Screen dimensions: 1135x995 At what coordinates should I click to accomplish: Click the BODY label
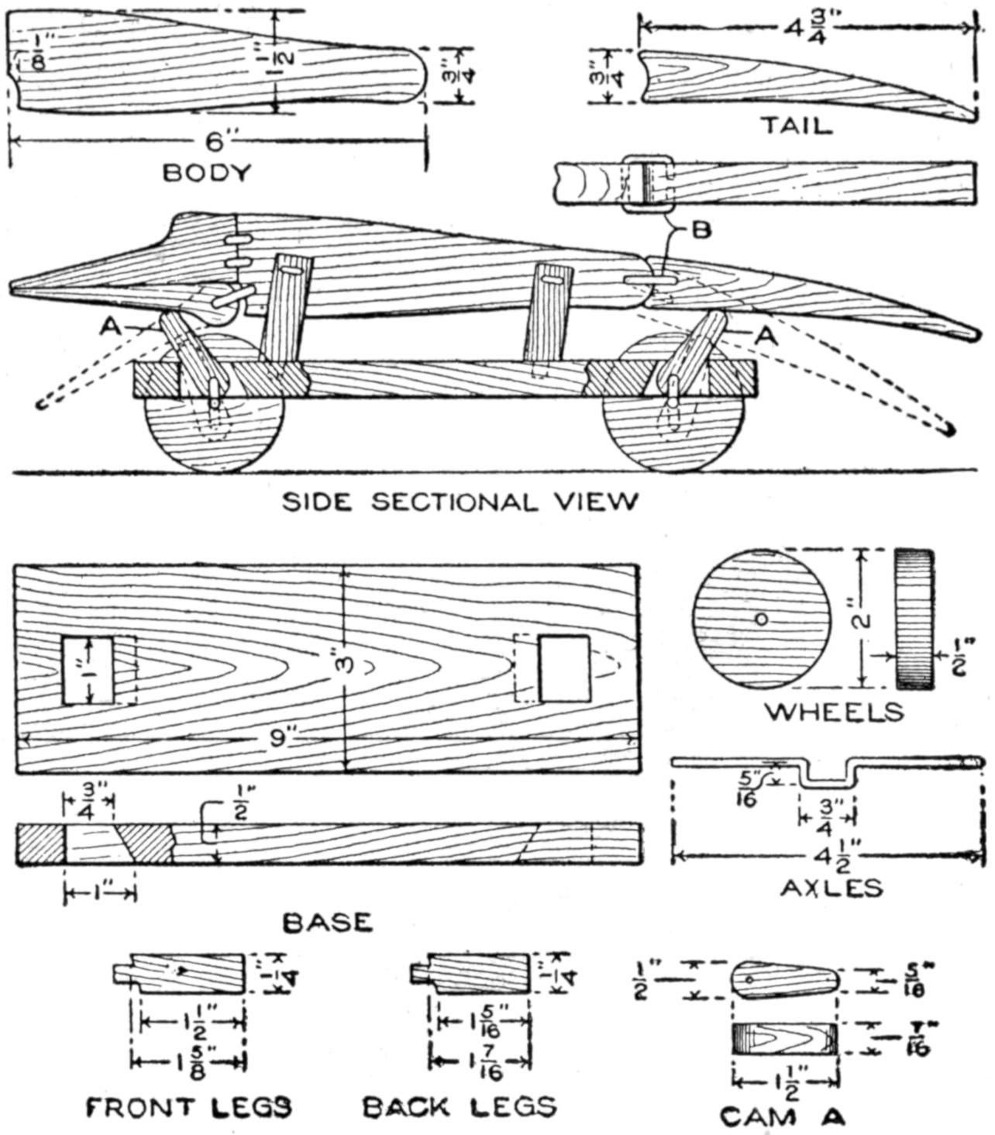(x=207, y=172)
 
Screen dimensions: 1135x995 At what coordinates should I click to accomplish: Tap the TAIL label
(x=795, y=125)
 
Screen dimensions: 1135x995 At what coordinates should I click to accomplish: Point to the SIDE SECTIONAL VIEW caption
(x=460, y=502)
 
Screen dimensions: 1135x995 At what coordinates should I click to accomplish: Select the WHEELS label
(x=834, y=712)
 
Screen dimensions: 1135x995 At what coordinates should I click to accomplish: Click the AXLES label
(x=831, y=887)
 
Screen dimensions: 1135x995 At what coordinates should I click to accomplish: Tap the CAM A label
(x=783, y=1116)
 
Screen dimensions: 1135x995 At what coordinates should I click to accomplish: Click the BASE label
(x=328, y=922)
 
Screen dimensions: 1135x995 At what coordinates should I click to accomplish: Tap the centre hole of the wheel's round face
(x=761, y=619)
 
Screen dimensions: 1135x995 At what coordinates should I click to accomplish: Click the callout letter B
(x=701, y=230)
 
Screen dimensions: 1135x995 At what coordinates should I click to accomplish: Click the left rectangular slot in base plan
(x=88, y=671)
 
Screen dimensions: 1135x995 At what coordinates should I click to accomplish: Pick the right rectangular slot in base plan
(x=564, y=668)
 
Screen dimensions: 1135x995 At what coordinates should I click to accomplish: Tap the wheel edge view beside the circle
(x=915, y=619)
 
